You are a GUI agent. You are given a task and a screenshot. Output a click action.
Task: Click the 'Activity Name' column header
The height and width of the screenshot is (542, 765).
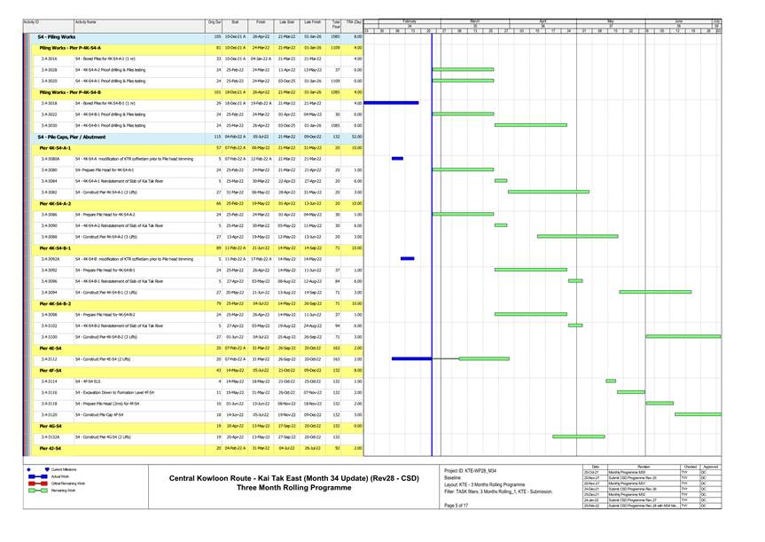pos(86,21)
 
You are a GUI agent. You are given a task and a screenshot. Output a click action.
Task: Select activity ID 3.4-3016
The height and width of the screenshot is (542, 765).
pos(49,59)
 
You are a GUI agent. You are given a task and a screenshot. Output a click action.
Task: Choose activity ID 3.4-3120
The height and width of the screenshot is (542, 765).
pos(49,414)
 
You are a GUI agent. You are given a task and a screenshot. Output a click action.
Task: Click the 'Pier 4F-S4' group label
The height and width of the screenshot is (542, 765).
pos(51,370)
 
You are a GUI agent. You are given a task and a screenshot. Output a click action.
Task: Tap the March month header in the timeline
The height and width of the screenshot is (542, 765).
pos(473,20)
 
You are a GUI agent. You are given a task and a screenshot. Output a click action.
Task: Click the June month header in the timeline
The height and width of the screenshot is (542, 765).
pos(678,20)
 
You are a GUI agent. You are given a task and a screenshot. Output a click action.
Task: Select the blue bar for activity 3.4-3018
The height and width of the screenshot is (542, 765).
pos(391,103)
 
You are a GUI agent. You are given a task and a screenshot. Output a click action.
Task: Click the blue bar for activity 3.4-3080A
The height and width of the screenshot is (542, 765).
pos(397,159)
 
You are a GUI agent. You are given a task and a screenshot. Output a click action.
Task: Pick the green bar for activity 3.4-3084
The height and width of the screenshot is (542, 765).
pos(501,181)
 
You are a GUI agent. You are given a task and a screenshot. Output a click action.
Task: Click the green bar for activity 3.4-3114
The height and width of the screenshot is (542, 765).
pos(611,381)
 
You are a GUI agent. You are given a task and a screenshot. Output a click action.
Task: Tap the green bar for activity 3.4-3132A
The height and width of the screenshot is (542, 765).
pos(578,437)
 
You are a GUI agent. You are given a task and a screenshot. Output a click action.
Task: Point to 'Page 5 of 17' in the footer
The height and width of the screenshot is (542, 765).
pos(456,505)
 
